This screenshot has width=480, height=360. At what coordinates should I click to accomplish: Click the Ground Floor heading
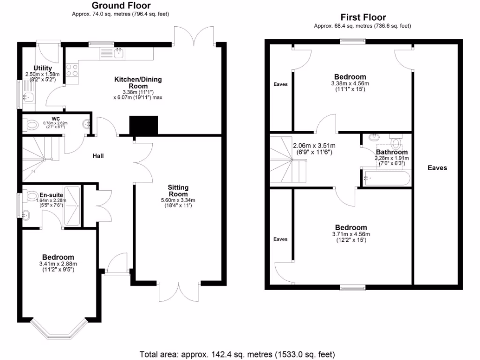click(x=120, y=6)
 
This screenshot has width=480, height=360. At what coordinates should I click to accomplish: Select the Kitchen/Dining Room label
click(x=138, y=83)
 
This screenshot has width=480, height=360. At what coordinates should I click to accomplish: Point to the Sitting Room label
click(x=178, y=191)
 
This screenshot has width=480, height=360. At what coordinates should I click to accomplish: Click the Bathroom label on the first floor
click(x=391, y=152)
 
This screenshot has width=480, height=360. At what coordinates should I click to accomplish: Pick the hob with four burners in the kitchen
click(x=72, y=70)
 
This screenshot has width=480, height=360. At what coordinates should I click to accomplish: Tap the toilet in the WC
click(x=32, y=125)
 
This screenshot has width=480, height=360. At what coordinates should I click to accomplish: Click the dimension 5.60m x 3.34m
click(x=178, y=200)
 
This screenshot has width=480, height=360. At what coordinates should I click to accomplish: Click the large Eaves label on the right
click(x=437, y=168)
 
